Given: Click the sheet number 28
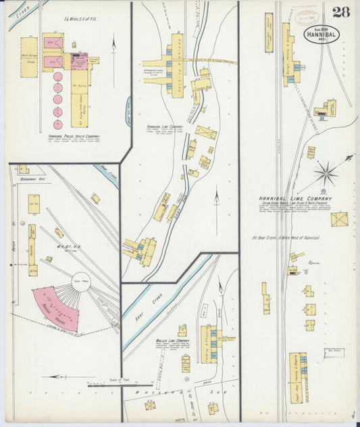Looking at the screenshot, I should click(x=340, y=11).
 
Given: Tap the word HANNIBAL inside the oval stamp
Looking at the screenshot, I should click(x=321, y=34).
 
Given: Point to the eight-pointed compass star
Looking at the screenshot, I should click(x=326, y=172).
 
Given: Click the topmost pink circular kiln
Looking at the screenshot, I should click(x=57, y=76).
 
